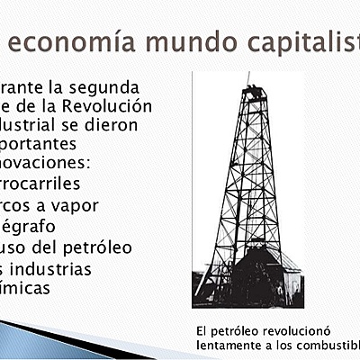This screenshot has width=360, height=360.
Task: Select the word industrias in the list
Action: tap(58, 268)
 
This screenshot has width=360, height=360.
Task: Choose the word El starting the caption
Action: tap(202, 331)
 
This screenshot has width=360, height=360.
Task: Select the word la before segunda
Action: tap(58, 88)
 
